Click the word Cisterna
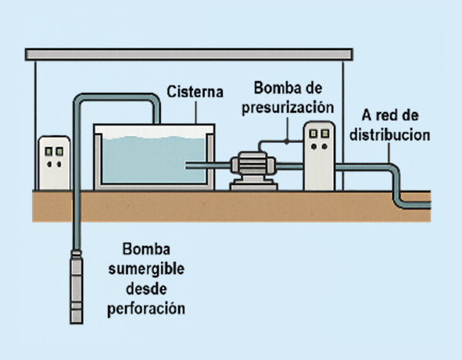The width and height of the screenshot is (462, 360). [194, 92]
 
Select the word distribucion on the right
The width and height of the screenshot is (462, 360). [389, 134]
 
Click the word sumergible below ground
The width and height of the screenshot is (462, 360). [146, 269]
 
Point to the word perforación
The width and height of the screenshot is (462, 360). [146, 308]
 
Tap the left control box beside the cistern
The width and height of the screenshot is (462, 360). [54, 162]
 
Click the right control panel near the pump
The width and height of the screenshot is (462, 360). [319, 156]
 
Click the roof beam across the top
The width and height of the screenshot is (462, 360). [188, 54]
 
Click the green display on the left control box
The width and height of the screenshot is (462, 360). [55, 148]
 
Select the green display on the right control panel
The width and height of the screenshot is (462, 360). [319, 134]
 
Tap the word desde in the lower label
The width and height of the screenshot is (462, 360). [146, 289]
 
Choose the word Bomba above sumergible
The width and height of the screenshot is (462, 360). [146, 250]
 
